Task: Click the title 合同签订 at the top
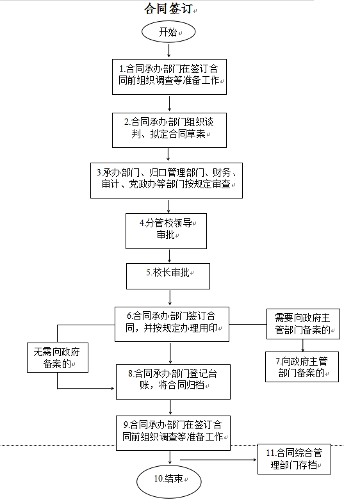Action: tap(168, 8)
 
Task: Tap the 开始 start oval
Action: tap(168, 32)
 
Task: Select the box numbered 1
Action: tap(169, 77)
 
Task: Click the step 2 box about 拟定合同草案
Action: tap(169, 130)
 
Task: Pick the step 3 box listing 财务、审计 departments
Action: tap(167, 181)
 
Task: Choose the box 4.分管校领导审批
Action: tap(166, 231)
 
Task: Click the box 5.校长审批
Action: tap(168, 277)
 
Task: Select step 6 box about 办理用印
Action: tap(172, 324)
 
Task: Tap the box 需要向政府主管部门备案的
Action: tap(303, 324)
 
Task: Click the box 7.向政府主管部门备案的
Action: tap(302, 367)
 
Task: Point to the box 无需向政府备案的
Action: tap(58, 357)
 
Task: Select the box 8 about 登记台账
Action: tap(173, 382)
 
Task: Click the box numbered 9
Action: tap(173, 433)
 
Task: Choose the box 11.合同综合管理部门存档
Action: tap(294, 459)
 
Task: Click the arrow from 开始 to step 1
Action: tap(169, 51)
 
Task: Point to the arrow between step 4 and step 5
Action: tap(169, 256)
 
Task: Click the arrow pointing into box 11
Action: tap(218, 460)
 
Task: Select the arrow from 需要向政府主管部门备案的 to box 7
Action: tap(302, 346)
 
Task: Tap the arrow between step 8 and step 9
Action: tap(170, 407)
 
